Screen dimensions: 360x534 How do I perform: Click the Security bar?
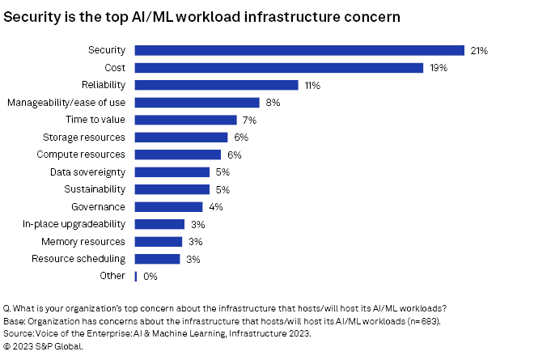click(x=299, y=50)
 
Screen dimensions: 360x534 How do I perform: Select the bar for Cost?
click(x=278, y=68)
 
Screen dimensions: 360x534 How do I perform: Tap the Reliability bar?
click(x=216, y=85)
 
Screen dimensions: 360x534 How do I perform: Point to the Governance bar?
click(x=168, y=206)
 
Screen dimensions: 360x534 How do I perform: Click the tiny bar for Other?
click(x=135, y=276)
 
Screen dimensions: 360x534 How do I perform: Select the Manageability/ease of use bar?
click(x=197, y=103)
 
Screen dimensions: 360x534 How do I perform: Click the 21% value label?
click(x=478, y=50)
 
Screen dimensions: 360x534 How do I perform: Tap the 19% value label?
click(x=438, y=68)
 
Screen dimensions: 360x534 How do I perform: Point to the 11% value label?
click(x=312, y=85)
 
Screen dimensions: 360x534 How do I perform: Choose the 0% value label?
click(x=150, y=276)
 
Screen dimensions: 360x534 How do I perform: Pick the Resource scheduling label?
click(x=78, y=259)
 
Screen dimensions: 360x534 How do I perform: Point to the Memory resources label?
click(x=83, y=241)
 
